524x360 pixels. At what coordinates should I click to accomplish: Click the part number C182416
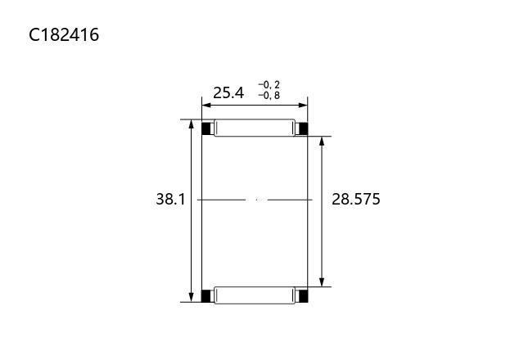64,34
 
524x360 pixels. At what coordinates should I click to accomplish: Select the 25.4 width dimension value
228,92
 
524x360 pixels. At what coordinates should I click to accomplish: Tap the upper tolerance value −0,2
269,85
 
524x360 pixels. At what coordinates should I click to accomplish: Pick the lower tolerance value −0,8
269,96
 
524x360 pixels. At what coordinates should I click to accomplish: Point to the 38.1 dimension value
170,200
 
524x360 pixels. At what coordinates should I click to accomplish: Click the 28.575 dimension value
356,200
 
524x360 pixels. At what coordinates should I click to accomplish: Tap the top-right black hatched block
302,128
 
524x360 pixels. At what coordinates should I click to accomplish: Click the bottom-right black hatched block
302,296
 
